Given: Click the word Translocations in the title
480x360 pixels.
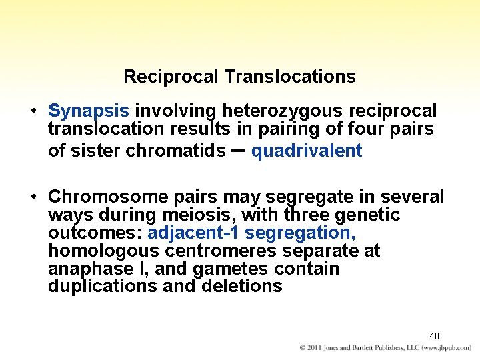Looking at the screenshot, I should [290, 77].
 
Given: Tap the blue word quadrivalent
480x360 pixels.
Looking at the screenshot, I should [307, 151].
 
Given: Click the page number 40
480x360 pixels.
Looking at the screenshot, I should [434, 336].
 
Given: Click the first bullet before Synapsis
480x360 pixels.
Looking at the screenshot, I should [33, 111].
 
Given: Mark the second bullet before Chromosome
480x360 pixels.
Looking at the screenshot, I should [33, 197].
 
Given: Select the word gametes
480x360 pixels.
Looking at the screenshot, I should [228, 269].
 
